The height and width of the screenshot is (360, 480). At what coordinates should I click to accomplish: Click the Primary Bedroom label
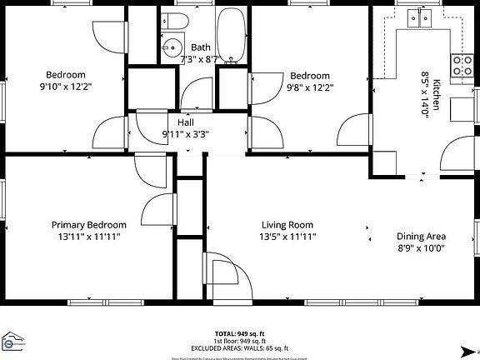[89, 225]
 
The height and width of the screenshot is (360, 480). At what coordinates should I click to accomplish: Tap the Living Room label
[287, 225]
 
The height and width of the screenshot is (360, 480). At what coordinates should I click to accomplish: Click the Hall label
[186, 122]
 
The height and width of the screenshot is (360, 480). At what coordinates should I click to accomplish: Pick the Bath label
[200, 47]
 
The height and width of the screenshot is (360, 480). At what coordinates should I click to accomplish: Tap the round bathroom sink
[173, 47]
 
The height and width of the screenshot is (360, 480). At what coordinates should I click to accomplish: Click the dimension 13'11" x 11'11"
[89, 237]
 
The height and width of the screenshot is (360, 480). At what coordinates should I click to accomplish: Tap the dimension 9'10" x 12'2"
[65, 86]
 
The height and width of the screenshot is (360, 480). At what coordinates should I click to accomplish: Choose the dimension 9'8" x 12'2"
[310, 86]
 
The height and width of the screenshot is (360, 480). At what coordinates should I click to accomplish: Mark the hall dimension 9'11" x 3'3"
[186, 134]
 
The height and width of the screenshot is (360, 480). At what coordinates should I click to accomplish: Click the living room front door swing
[225, 275]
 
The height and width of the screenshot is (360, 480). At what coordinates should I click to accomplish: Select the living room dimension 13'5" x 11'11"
[287, 237]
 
